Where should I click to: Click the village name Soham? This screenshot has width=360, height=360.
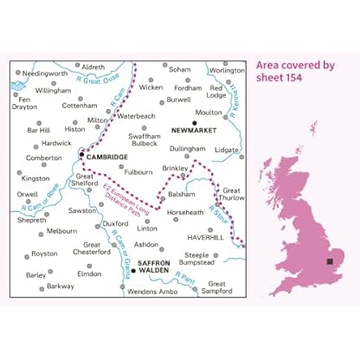click(180, 68)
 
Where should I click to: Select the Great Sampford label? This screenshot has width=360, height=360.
click(222, 288)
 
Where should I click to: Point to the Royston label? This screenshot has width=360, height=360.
click(44, 254)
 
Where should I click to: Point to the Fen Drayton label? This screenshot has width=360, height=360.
click(24, 106)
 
